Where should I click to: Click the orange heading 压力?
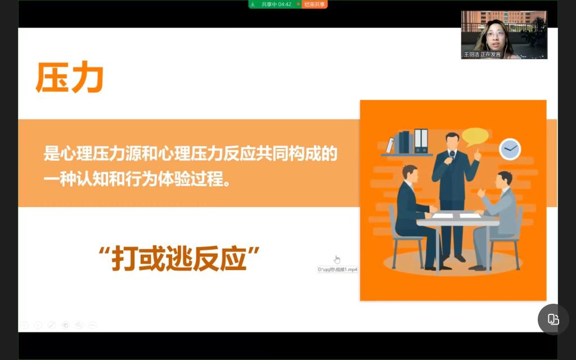(x=69, y=77)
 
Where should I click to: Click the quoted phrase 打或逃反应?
(x=179, y=259)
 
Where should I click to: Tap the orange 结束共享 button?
(x=314, y=4)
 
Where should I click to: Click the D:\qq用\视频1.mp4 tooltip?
(x=337, y=269)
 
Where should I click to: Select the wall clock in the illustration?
(x=510, y=148)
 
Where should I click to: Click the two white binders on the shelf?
(x=421, y=141)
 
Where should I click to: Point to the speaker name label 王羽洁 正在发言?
(x=482, y=55)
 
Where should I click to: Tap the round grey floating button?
(x=553, y=319)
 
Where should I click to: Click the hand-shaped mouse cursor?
(x=337, y=259)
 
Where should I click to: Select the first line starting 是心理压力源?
(x=190, y=154)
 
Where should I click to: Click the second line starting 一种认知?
(x=137, y=179)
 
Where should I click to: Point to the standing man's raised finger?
(x=477, y=151)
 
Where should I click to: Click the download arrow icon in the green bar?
(x=253, y=4)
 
